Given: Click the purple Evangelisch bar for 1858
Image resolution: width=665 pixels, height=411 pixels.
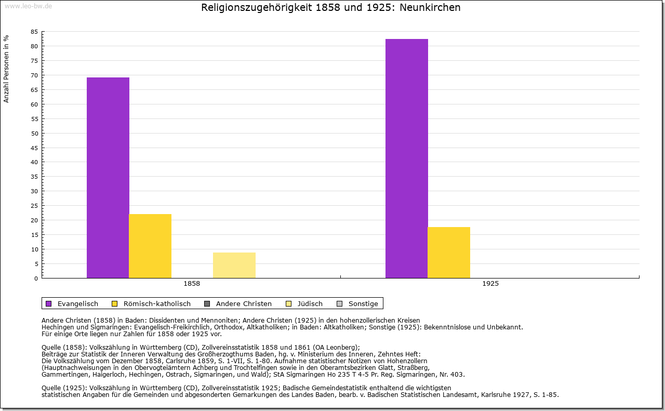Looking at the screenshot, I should tap(108, 178).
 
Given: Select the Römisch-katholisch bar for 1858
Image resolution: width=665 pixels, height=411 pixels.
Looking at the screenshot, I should tap(150, 246).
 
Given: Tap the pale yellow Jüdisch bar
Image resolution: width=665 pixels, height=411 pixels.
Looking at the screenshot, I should tap(234, 265).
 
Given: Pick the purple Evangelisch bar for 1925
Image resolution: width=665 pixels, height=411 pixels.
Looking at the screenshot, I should tap(407, 158).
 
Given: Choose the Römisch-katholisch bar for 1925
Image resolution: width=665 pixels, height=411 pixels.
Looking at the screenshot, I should tap(449, 253).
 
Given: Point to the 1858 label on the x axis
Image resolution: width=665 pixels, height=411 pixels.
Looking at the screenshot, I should tap(192, 284).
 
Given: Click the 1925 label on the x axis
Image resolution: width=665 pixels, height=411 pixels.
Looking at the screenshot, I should tap(490, 284).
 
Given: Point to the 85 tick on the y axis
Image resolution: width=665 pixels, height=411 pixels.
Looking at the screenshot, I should tap(34, 32).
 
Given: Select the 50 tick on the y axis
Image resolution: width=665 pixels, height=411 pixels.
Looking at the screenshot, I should tap(34, 134).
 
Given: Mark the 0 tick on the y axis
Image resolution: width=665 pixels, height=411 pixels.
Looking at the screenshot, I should tap(36, 279).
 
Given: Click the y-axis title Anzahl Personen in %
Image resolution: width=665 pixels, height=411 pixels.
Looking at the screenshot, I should tap(6, 69).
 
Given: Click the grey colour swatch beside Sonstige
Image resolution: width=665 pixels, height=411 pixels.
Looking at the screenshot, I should tap(340, 304).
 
